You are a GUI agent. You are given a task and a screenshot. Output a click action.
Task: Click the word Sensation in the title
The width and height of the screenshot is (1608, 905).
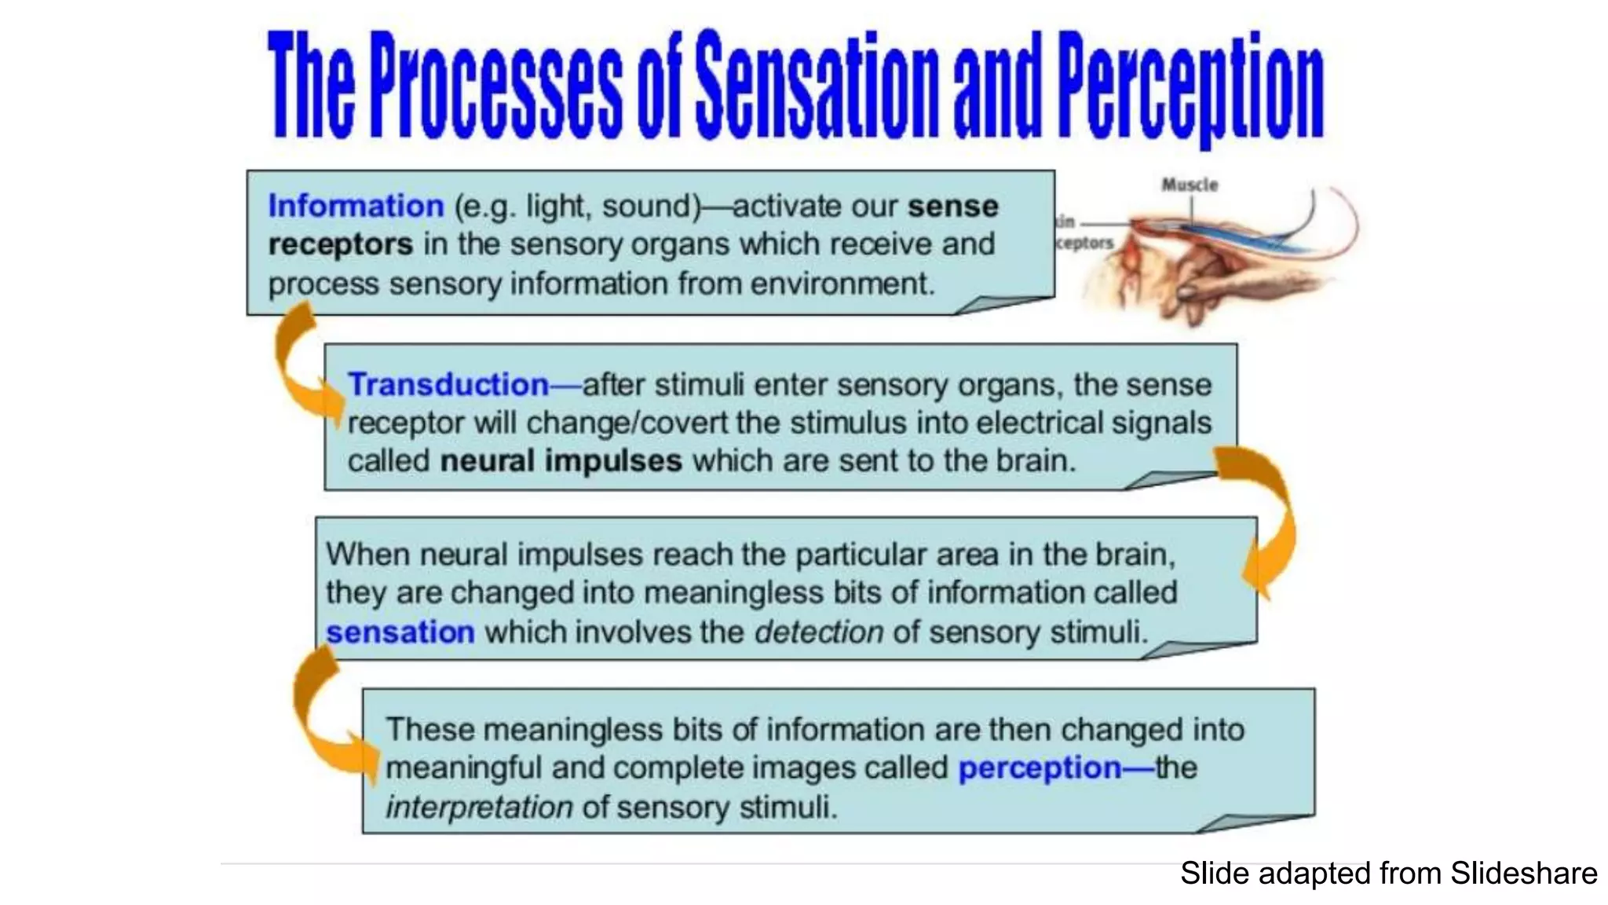click(817, 86)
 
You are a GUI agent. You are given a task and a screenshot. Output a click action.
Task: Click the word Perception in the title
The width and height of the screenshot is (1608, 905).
click(1190, 88)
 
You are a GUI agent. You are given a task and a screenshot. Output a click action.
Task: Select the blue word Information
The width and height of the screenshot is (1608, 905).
click(356, 206)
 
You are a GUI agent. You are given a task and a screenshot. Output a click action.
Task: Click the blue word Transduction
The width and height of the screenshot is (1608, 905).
click(448, 385)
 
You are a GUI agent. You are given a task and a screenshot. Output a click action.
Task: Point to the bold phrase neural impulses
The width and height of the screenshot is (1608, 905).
click(561, 461)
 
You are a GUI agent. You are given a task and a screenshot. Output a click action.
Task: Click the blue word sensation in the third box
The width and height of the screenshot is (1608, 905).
click(400, 632)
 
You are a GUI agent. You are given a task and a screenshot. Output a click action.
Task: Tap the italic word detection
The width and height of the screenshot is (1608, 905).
click(819, 632)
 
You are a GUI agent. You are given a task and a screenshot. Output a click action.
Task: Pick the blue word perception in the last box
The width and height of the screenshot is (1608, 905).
click(1040, 768)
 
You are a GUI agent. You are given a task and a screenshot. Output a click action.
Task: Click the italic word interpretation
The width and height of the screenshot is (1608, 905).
click(479, 808)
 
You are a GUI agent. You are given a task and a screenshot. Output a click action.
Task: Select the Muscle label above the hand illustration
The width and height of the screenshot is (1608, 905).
click(1190, 185)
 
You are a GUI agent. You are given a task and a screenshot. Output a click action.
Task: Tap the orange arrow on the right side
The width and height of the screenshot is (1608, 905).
click(1264, 518)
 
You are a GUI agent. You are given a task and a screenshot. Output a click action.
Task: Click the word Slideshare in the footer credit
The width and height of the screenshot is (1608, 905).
click(1523, 874)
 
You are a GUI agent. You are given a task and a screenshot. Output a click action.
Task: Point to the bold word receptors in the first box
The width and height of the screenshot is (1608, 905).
click(340, 244)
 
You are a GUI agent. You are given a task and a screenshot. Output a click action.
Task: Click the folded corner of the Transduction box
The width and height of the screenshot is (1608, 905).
click(1170, 481)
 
